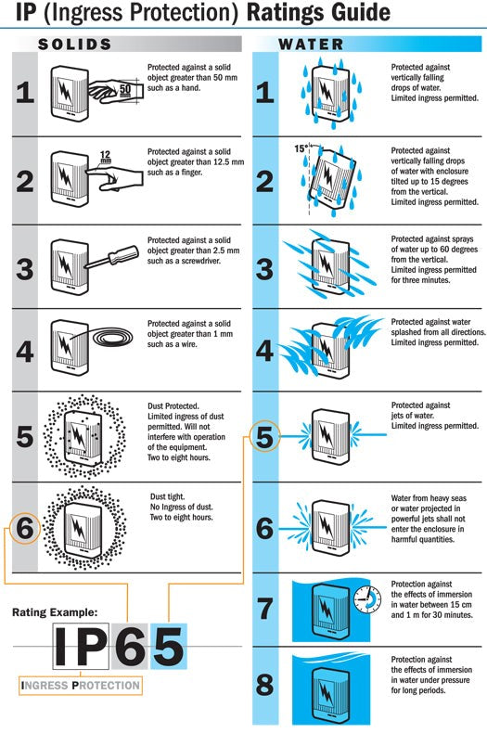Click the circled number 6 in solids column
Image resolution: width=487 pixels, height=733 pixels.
(x=25, y=529)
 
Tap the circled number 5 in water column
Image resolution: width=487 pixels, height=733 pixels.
(x=264, y=436)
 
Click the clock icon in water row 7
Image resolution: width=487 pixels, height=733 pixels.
(x=367, y=598)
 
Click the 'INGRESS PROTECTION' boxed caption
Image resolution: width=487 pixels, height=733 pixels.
(x=81, y=687)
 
